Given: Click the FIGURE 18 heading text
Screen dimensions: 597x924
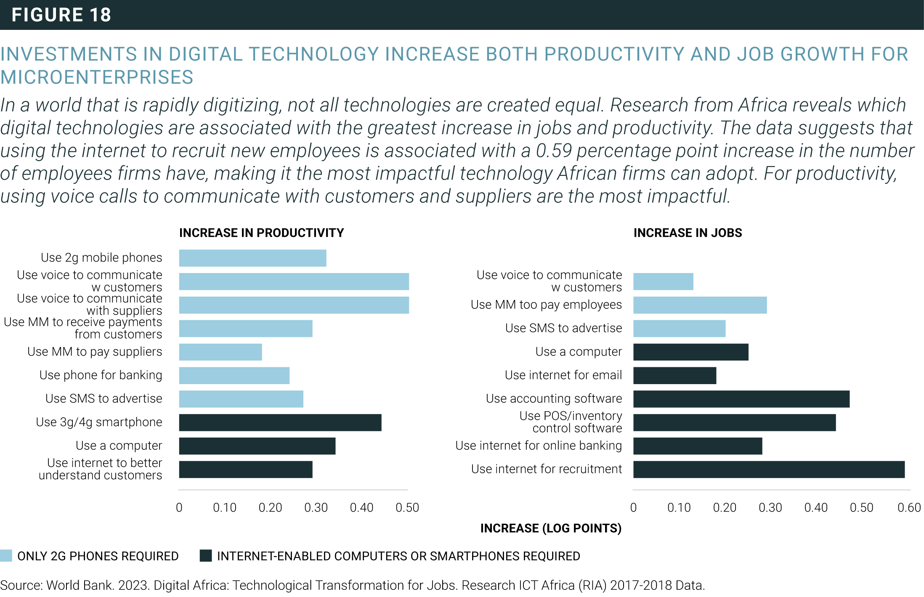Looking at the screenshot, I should coord(61,15).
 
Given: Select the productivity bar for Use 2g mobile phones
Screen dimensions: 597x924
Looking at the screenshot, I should coord(252,258).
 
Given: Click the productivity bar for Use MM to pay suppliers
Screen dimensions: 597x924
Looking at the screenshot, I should coord(220,352).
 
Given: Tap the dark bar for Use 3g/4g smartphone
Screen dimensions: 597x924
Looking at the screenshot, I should coord(280,422).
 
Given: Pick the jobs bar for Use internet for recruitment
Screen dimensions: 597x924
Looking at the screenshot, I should coord(769,470).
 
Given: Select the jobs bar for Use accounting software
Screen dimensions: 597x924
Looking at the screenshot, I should coord(741,399).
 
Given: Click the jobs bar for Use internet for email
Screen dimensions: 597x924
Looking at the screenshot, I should coord(674,375).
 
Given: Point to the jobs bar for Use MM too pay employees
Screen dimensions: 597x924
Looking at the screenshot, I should coord(700,305).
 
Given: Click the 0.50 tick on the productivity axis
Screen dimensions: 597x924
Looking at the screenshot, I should coord(407,508).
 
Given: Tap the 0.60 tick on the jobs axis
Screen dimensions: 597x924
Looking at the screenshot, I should coord(909,508).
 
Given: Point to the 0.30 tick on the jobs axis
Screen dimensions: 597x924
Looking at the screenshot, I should coord(770,508).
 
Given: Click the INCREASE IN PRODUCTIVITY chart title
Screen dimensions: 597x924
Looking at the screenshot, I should coord(261,233).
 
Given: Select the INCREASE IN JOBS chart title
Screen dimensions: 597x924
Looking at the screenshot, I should coord(688,233).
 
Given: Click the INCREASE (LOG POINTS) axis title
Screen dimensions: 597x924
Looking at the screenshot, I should coord(551,528).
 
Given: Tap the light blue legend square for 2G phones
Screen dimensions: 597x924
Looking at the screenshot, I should coord(6,556).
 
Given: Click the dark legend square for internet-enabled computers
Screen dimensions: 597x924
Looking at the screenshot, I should coord(206,556).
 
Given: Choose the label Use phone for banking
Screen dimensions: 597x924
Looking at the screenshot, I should coord(101,375).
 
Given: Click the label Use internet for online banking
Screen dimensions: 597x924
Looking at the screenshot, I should coord(539,446).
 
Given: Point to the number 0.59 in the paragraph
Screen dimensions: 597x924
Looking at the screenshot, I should coord(554,151).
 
